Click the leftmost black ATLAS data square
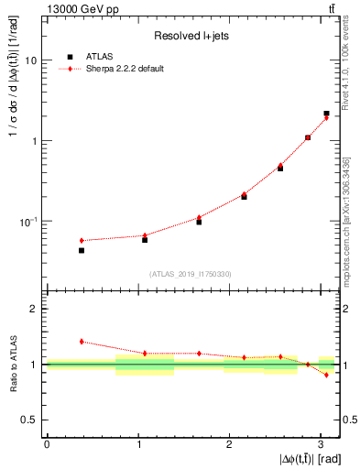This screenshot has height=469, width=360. (x=82, y=250)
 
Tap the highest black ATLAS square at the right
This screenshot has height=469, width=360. (x=326, y=114)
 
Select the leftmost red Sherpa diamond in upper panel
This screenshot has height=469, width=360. (x=82, y=240)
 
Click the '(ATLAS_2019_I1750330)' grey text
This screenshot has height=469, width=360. (x=192, y=273)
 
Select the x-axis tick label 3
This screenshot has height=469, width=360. (x=321, y=443)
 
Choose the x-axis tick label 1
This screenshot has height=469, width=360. (x=137, y=443)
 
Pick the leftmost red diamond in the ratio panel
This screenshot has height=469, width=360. (x=82, y=341)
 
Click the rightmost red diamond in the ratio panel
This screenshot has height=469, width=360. (x=326, y=375)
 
